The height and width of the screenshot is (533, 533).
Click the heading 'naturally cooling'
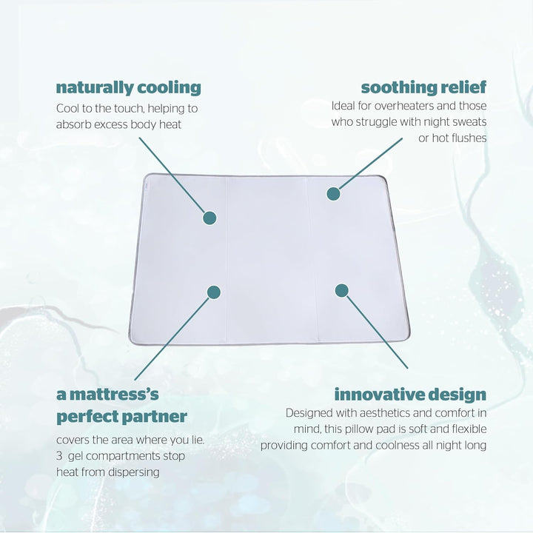[128, 87]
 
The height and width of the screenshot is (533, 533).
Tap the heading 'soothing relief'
[423, 87]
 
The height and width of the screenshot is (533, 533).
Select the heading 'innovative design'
[410, 394]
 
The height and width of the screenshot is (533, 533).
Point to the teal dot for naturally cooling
[209, 218]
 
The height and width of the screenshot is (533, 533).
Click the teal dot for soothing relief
[333, 194]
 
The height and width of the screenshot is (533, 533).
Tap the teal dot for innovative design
[341, 290]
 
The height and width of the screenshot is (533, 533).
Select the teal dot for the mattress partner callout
[213, 292]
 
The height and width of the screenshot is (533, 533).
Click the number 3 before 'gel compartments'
[60, 456]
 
